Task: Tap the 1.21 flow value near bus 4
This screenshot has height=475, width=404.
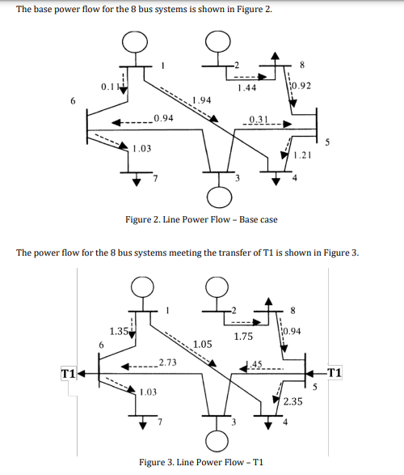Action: (x=302, y=154)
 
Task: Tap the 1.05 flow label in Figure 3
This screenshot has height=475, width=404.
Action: (x=204, y=344)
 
